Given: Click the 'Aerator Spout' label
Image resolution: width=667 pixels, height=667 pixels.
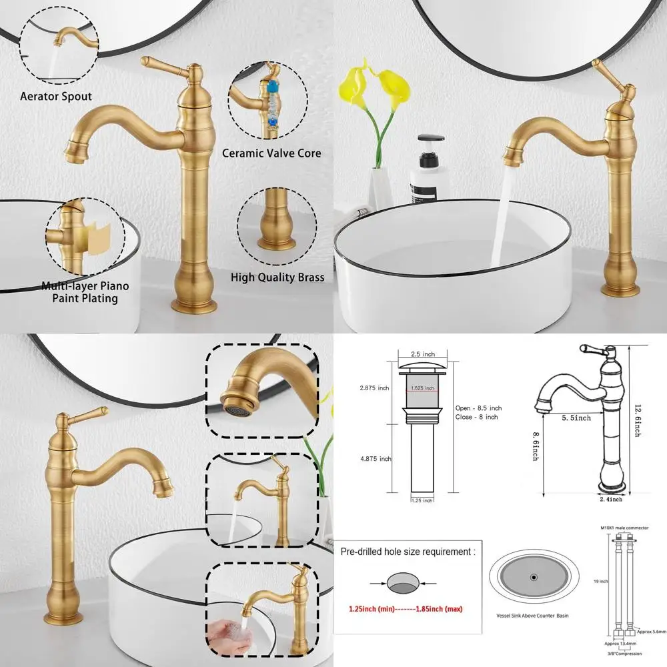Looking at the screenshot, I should tap(56, 97).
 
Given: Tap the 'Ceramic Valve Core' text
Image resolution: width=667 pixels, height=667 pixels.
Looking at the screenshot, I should tap(272, 153).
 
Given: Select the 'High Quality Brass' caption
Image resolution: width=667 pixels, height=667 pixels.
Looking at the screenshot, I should tap(277, 277).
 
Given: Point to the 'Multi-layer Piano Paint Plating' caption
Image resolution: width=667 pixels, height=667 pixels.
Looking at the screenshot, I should tap(85, 292).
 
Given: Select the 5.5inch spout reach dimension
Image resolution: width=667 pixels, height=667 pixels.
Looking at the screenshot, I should tap(575, 418).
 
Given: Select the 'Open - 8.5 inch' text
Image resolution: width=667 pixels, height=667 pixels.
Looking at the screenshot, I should tap(478, 408).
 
